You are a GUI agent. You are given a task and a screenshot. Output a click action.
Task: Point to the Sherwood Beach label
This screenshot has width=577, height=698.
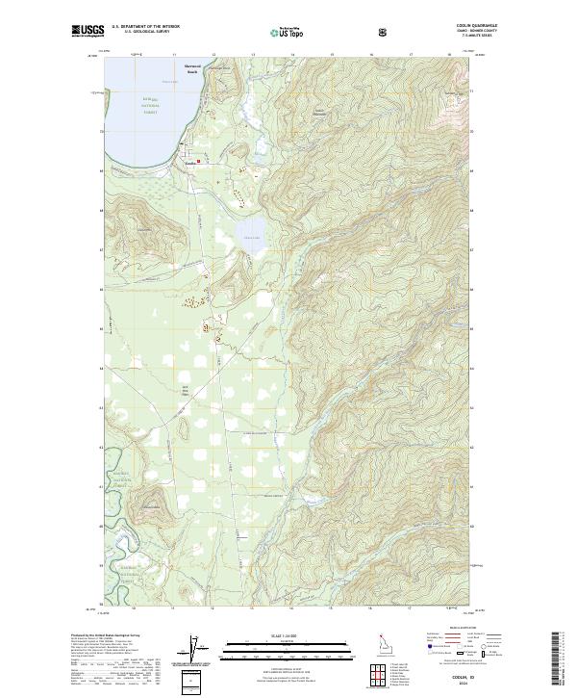[194, 70]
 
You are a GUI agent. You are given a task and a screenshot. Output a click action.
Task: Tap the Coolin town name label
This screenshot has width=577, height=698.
[190, 163]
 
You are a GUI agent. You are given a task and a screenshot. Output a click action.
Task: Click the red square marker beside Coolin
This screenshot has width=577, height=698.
[199, 162]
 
